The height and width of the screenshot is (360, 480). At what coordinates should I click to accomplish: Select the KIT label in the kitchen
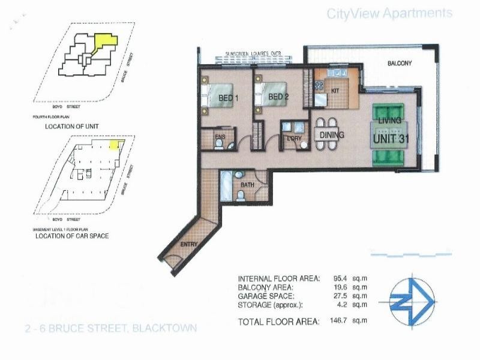click(336, 90)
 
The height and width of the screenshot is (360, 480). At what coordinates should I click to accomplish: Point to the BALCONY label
click(400, 62)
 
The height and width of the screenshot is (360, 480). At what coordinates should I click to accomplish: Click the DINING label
click(332, 135)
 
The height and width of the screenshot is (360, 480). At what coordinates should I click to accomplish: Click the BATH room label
click(248, 185)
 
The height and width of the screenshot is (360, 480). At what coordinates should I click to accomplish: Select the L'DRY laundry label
click(294, 140)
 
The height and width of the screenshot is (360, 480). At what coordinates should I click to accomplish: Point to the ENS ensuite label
click(220, 136)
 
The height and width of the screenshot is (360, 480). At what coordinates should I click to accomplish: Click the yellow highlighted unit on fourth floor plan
click(106, 43)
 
